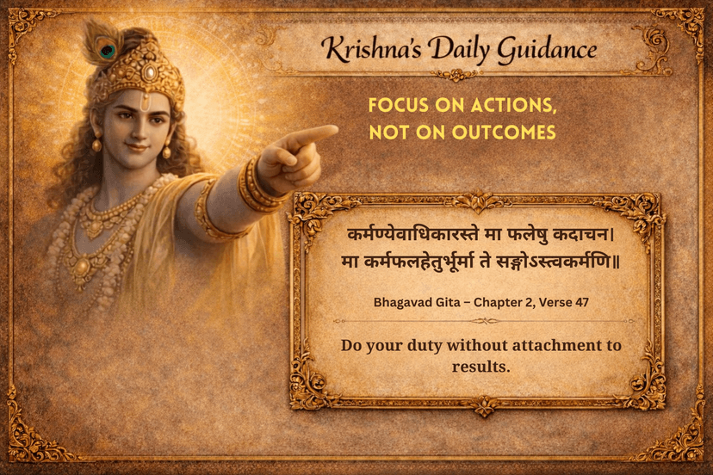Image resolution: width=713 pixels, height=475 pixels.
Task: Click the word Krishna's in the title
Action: pyautogui.click(x=367, y=49)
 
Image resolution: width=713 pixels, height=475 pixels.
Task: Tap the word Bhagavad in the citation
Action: pyautogui.click(x=405, y=303)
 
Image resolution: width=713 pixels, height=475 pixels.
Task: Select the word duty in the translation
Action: pyautogui.click(x=431, y=347)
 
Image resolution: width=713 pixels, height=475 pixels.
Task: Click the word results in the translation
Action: pyautogui.click(x=481, y=367)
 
